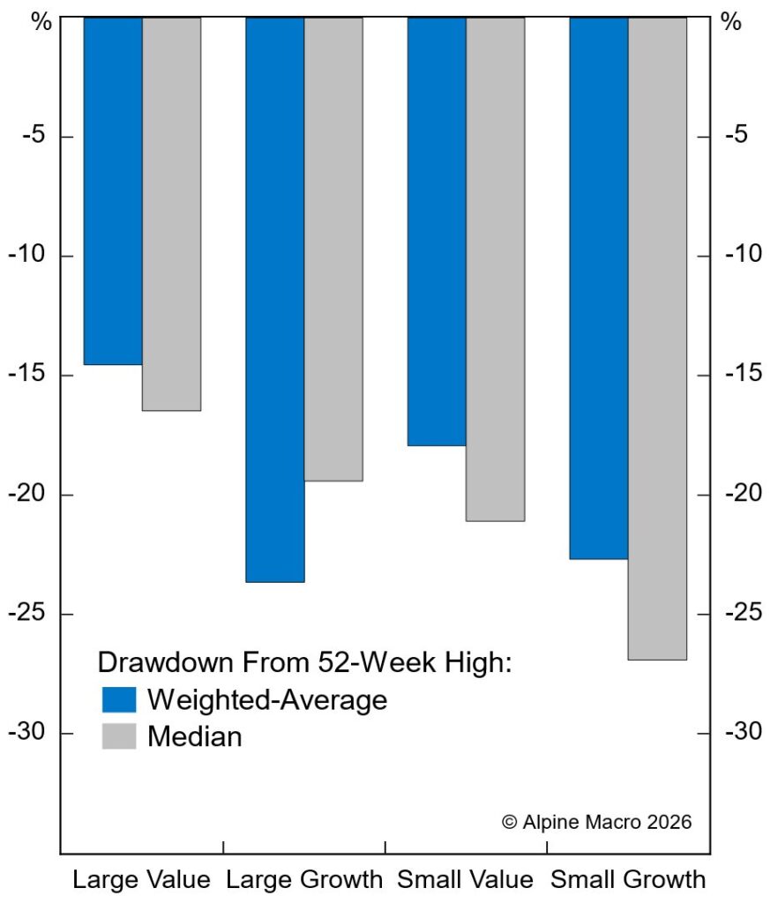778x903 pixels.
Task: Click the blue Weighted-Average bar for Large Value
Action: [x=113, y=190]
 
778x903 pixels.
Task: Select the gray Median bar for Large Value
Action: [x=171, y=213]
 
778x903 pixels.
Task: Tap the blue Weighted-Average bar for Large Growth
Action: [x=275, y=300]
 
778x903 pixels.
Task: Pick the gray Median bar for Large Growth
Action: [x=333, y=249]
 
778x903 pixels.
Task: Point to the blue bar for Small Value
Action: [x=437, y=231]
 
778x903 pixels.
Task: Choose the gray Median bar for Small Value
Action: [x=495, y=269]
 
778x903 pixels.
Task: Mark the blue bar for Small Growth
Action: [x=598, y=287]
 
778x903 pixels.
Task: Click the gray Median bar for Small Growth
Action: [x=657, y=338]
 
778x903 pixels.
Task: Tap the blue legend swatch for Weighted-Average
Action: [x=119, y=699]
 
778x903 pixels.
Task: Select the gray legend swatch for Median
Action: [x=119, y=735]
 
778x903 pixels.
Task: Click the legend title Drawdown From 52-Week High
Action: [x=304, y=663]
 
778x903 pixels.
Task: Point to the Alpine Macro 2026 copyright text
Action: [x=597, y=821]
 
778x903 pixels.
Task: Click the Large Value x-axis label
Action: [x=141, y=879]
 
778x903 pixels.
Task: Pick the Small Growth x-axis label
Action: [x=628, y=879]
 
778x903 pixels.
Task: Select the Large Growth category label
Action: [x=304, y=879]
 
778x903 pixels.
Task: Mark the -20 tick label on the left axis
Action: [x=30, y=495]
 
